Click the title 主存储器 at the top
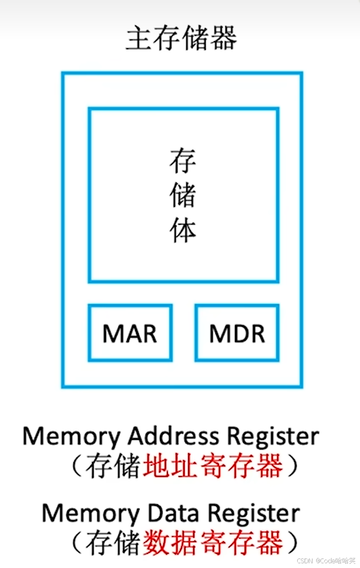[181, 39]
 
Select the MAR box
[130, 333]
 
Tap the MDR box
[237, 333]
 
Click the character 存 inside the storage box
[183, 161]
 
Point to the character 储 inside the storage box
[183, 195]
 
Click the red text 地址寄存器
[213, 467]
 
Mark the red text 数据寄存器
[213, 543]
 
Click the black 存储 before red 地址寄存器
[113, 467]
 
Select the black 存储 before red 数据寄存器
[113, 543]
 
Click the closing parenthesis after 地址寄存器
[293, 467]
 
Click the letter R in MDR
[257, 333]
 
